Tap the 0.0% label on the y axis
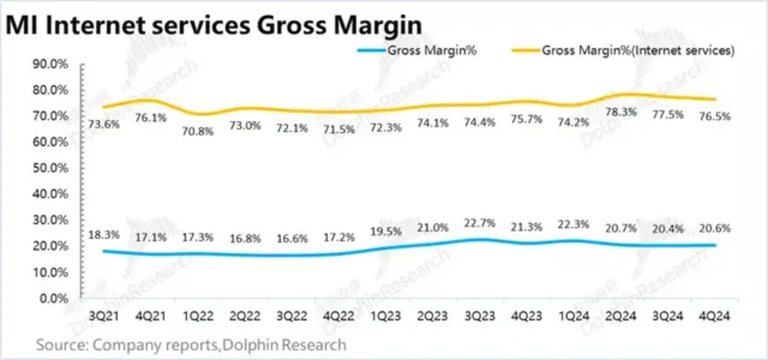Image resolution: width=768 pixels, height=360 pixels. pyautogui.click(x=55, y=298)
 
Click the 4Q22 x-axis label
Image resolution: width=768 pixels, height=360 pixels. pyautogui.click(x=339, y=316)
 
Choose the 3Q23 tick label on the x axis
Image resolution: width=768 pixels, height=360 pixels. pyautogui.click(x=481, y=316)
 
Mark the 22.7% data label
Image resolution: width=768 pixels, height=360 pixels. pyautogui.click(x=480, y=222)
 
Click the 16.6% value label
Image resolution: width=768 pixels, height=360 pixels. pyautogui.click(x=292, y=238)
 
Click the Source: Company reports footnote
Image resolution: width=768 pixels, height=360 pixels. pyautogui.click(x=191, y=345)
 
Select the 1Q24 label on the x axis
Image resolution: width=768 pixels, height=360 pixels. pyautogui.click(x=574, y=316)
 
